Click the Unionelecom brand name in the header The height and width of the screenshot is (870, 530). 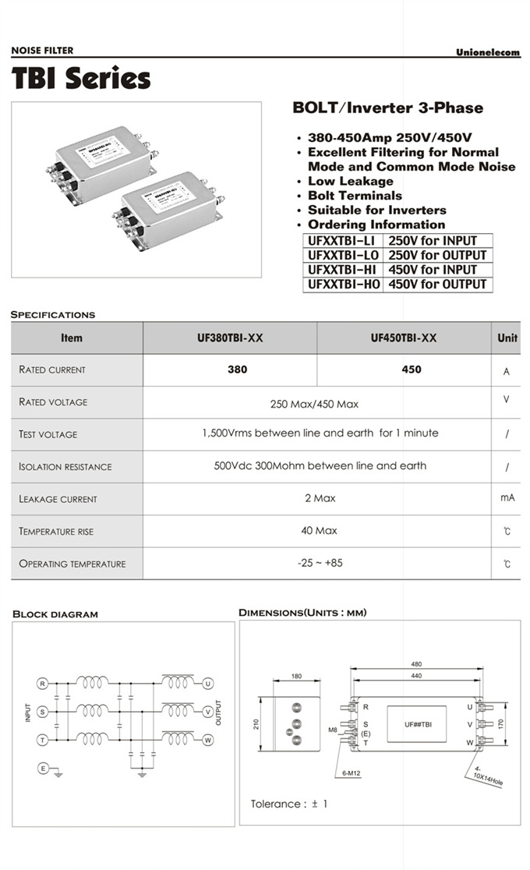coord(488,51)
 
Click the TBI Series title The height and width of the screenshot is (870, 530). coord(81,79)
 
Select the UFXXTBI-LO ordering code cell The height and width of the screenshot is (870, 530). coord(343,256)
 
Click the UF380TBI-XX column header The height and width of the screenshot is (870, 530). coord(230,338)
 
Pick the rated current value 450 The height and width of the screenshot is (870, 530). coord(411,370)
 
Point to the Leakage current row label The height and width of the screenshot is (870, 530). coord(58,499)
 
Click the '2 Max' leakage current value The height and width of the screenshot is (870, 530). coord(320,498)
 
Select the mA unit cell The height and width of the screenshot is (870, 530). coord(507,498)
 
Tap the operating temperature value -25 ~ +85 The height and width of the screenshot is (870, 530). coord(320,563)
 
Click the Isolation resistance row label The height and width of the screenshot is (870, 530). coord(65,467)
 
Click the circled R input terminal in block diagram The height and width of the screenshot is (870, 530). coord(43,684)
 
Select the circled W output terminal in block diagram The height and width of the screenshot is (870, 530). coord(208,740)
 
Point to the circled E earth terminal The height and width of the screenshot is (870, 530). coord(43,769)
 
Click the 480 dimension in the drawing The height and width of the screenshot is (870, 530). coord(416,665)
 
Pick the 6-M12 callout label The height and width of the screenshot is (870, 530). coord(352,773)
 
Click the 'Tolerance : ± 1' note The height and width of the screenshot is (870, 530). coord(289,804)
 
